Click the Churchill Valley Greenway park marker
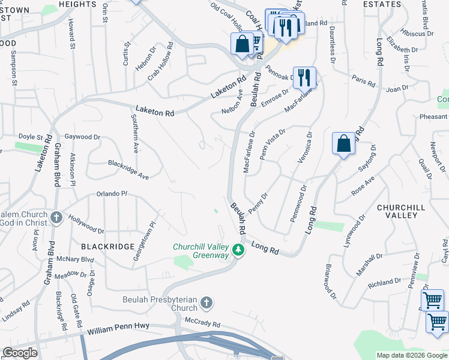click(238, 250)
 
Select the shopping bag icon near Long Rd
click(343, 144)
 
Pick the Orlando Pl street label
click(112, 194)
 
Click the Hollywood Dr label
click(86, 224)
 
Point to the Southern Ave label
click(136, 137)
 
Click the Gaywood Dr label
click(82, 137)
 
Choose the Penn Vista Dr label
click(272, 143)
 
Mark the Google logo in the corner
click(20, 353)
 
